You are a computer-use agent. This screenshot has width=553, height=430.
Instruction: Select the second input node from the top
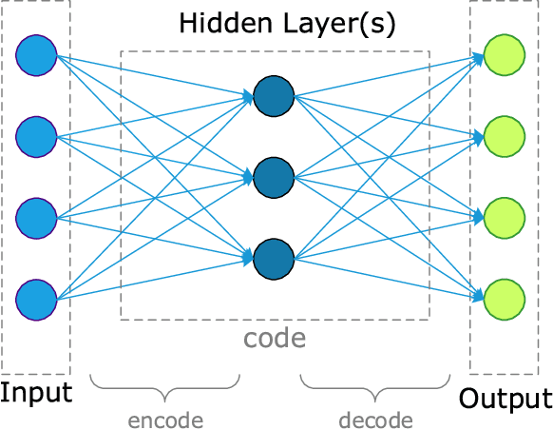(36, 135)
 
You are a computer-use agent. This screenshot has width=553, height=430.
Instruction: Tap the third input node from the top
(36, 216)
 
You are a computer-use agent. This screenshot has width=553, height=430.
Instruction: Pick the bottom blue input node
(36, 297)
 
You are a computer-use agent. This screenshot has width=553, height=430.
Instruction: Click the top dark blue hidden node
(274, 94)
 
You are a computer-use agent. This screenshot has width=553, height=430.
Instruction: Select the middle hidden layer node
(274, 175)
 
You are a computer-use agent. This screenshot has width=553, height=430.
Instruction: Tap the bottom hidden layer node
(274, 256)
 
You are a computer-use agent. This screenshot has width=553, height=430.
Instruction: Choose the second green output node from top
(504, 135)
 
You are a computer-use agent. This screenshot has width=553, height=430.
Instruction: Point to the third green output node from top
(504, 216)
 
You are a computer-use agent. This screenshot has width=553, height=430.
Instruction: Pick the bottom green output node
(504, 297)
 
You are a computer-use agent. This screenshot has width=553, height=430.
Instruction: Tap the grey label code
(275, 338)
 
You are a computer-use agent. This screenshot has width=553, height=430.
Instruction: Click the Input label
(36, 393)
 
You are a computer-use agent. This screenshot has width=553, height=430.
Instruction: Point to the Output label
(505, 398)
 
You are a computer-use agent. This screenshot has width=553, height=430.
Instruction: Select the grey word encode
(167, 420)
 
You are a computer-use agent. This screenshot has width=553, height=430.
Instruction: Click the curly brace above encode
(167, 388)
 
